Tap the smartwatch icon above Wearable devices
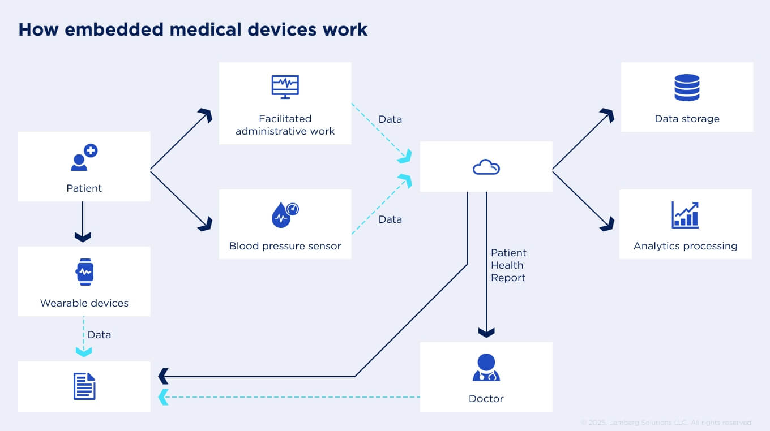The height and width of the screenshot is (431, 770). [x=84, y=272]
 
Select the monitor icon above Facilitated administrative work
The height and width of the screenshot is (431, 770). [x=285, y=87]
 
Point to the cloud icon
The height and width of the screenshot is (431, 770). [x=486, y=167]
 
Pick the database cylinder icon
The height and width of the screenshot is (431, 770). [x=687, y=88]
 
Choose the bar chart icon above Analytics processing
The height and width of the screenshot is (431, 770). [x=685, y=215]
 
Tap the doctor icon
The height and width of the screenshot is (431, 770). [x=486, y=368]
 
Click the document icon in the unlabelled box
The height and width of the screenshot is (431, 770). [x=84, y=386]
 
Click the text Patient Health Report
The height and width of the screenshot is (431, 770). [x=508, y=265]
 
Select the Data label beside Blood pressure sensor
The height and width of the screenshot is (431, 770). [x=390, y=219]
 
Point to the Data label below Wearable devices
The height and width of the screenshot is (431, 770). [x=99, y=335]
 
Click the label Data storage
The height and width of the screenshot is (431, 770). [x=687, y=119]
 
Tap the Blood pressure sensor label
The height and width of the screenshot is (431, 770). [x=285, y=246]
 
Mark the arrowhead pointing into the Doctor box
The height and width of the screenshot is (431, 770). [x=486, y=333]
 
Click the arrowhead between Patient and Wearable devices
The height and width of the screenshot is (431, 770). [x=83, y=237]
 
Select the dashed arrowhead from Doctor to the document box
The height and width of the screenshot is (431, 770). [x=163, y=397]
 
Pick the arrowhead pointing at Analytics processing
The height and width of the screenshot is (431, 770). [x=608, y=224]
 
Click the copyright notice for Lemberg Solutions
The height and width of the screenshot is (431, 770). [x=666, y=423]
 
